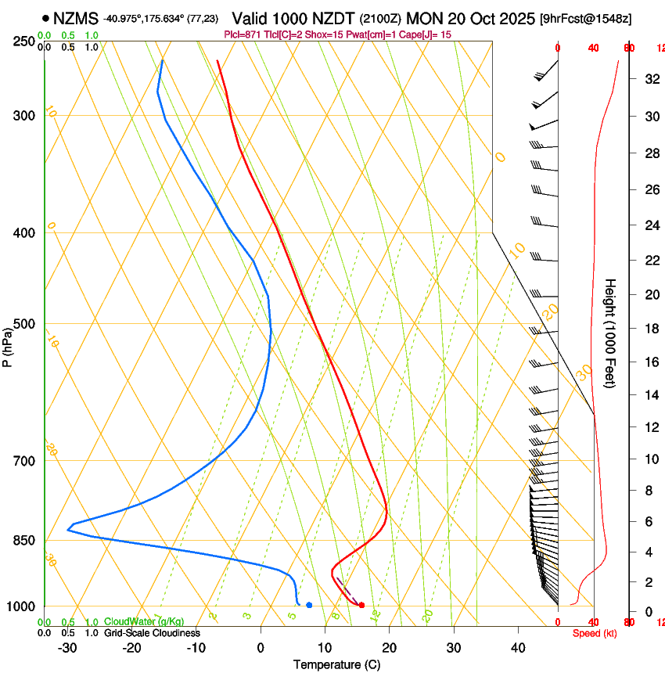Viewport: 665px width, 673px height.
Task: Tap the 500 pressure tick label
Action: pos(25,324)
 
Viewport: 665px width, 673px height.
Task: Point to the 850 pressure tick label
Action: pos(25,541)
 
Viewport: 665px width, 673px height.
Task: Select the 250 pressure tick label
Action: pos(25,41)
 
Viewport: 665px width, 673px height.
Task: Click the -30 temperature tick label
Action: pos(67,647)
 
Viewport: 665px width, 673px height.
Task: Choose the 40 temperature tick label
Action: pos(518,647)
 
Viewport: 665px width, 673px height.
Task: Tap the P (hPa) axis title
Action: pos(8,344)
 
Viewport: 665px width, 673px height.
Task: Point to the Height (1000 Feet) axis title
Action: pos(610,333)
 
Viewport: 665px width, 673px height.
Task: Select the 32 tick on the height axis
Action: pos(649,79)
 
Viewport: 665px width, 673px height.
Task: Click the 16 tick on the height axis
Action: pos(649,362)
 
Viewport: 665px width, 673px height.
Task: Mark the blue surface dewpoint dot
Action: pos(310,605)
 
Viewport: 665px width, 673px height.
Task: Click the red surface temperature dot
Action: pos(361,605)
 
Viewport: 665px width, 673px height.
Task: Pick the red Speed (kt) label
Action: pos(595,633)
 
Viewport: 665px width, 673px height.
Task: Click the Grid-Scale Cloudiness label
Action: pos(152,632)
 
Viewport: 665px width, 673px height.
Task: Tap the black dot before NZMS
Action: pos(45,18)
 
